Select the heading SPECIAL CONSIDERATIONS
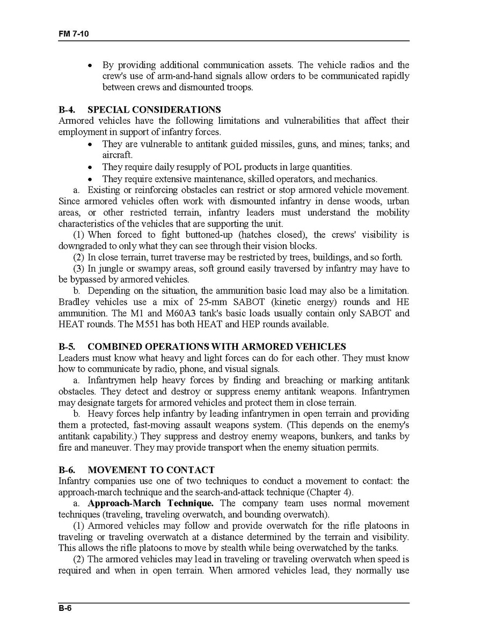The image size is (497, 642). coord(154,110)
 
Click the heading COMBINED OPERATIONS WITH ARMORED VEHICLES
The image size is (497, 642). coord(216,347)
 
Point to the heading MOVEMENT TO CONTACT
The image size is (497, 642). coord(151,470)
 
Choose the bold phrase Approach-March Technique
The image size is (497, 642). coord(150,503)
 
